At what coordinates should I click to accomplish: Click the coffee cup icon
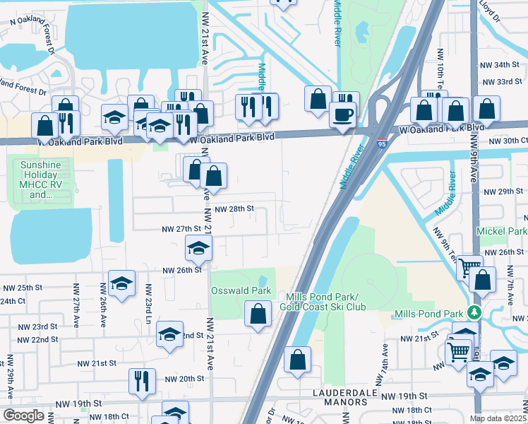coord(344,114)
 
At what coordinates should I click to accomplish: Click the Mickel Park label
coord(502,231)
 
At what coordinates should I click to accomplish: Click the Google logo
coord(23,416)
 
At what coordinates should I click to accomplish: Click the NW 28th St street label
coord(234,209)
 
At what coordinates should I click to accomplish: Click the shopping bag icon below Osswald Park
coord(258,314)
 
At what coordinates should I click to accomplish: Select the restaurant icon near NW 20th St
coord(141,381)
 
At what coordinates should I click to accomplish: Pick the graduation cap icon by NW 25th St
coord(121,284)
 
